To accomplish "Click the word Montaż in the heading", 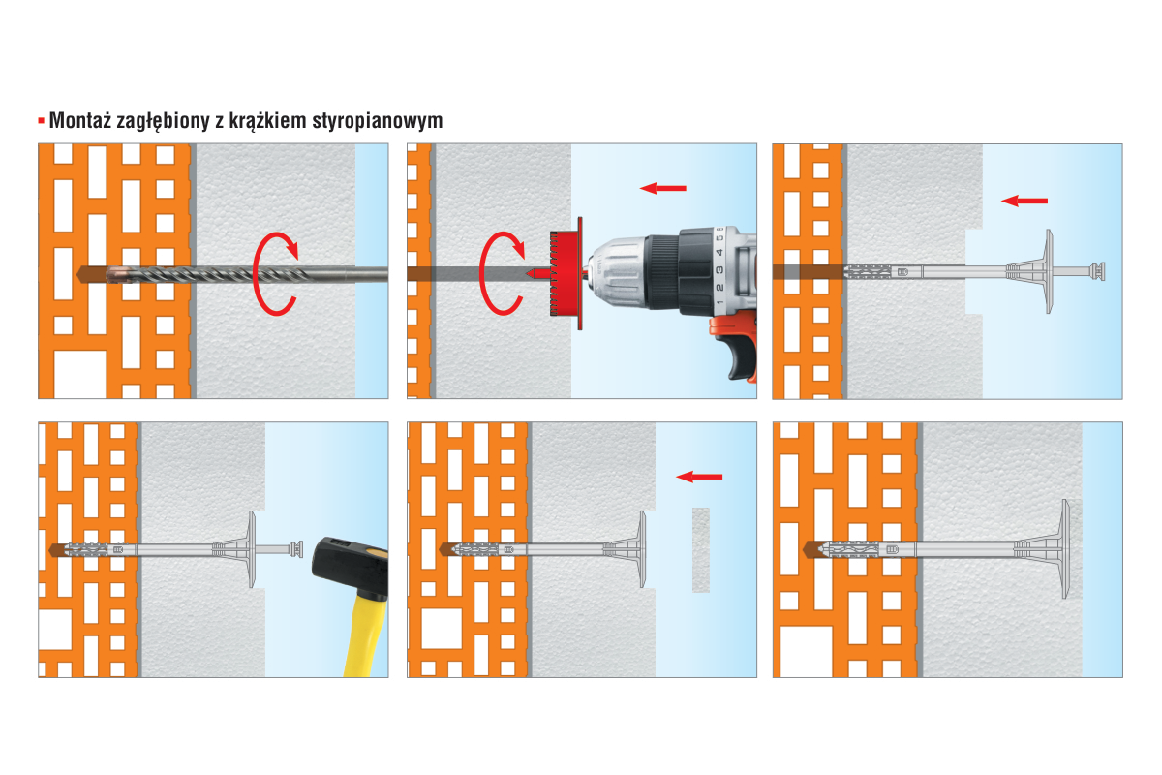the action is coord(80,120).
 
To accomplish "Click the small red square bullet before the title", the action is coord(41,121).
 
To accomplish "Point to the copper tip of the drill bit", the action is coord(118,274).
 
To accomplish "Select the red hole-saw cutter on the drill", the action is coord(566,273).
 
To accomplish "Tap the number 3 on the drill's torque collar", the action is coord(719,270).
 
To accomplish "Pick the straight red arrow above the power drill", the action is coord(663,188).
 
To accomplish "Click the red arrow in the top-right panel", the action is coord(1024,201).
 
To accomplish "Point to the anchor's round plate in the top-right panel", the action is coord(1049,271).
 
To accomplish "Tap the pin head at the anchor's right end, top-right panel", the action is coord(1098,271).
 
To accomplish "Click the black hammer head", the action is coord(348,567).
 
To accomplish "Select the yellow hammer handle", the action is coord(366,635).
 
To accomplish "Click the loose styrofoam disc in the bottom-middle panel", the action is coord(701,549).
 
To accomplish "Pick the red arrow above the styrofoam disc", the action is coord(699,477).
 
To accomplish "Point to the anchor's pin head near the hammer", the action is coord(296,549).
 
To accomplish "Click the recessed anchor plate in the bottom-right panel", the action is coord(1065,548).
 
